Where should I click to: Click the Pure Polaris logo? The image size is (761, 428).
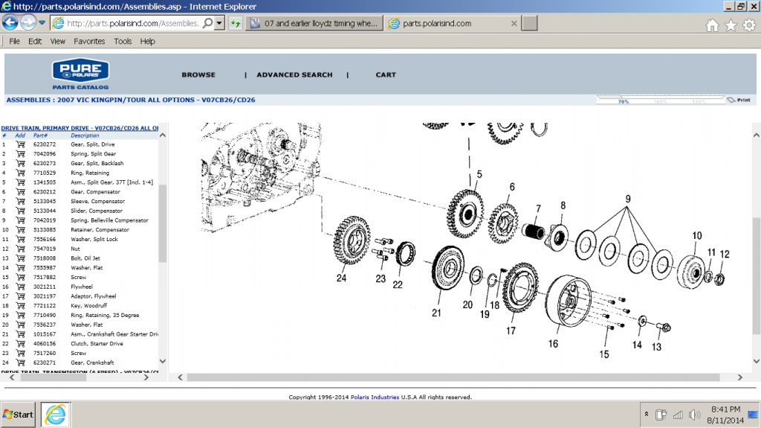(x=80, y=74)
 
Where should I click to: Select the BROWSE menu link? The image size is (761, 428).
(x=198, y=75)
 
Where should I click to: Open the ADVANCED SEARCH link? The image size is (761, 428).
(x=294, y=75)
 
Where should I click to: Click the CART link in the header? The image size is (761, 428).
(x=386, y=75)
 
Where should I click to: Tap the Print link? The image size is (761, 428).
(x=742, y=100)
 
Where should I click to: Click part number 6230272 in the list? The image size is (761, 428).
(x=44, y=144)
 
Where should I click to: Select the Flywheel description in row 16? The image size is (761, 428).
(x=82, y=287)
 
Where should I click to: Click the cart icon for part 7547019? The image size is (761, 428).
(x=20, y=249)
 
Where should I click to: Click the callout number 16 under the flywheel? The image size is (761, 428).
(x=553, y=344)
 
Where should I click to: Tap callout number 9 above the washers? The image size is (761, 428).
(x=627, y=199)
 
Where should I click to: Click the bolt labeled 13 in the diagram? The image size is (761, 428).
(x=664, y=327)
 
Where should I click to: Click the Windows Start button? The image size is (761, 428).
(x=19, y=414)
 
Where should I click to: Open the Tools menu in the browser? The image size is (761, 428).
(x=123, y=42)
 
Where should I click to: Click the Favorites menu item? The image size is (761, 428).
(x=89, y=42)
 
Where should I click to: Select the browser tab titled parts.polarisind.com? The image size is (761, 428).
(x=453, y=24)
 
